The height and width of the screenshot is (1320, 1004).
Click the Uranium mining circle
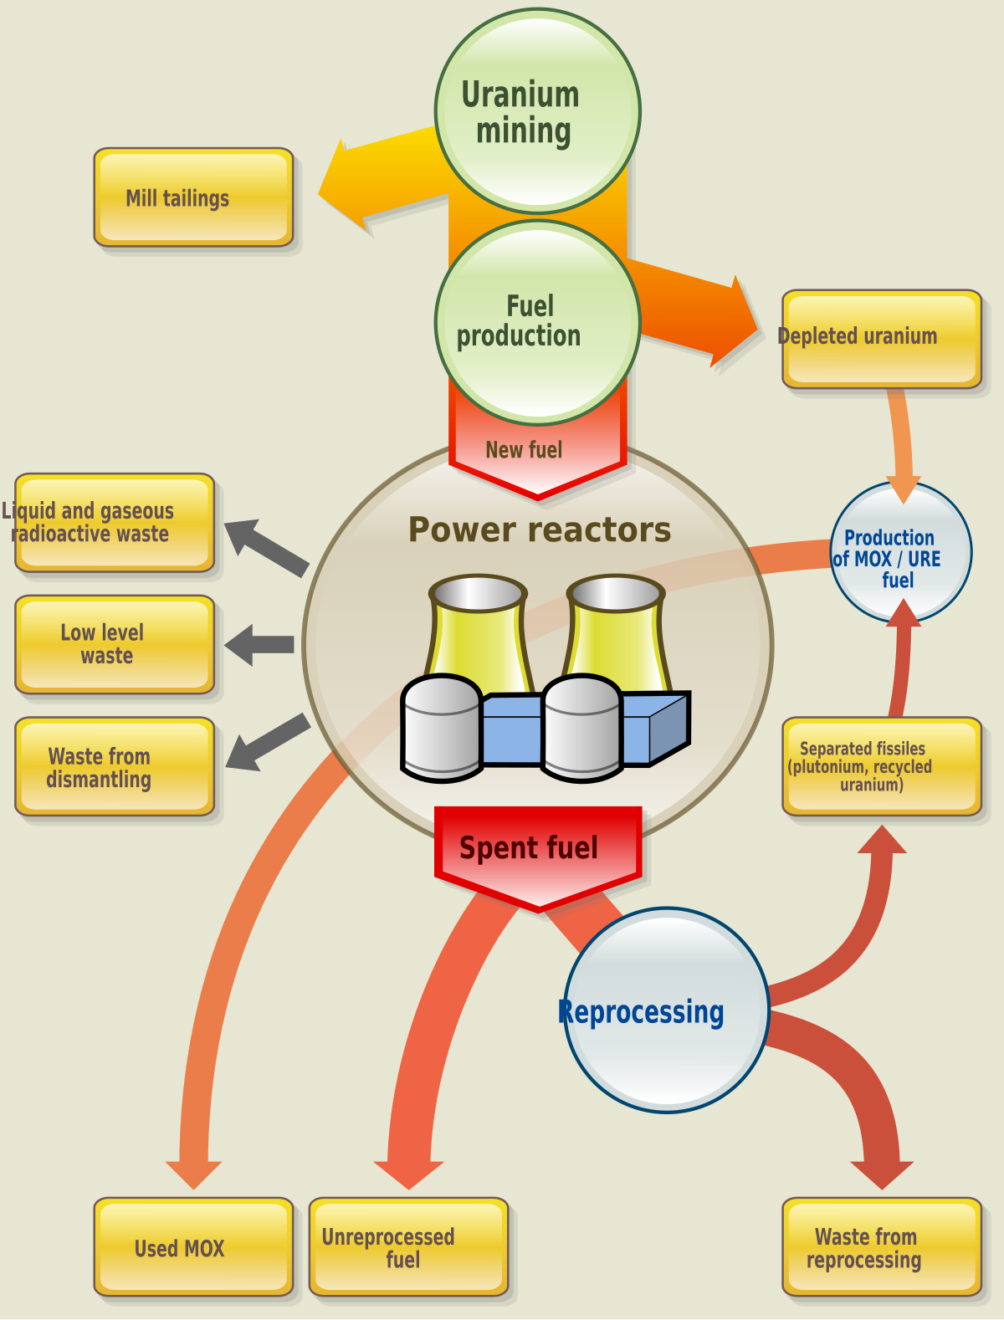pos(537,111)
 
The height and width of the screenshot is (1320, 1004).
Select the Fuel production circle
pos(537,322)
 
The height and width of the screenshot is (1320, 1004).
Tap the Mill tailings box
pos(193,198)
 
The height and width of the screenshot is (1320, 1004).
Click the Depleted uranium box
pos(881,339)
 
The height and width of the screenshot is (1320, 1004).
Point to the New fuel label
pos(524,450)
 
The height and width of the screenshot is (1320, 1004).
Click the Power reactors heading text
pos(539,530)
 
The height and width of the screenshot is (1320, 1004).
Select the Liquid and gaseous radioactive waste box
pos(115,523)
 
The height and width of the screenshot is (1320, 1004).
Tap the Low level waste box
pos(115,644)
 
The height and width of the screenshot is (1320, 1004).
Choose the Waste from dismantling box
pos(115,767)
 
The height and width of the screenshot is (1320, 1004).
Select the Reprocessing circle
pos(666,1010)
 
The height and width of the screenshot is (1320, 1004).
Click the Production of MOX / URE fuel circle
pos(900,552)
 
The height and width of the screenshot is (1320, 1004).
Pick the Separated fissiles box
pos(881,766)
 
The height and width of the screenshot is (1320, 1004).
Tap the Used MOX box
pos(193,1247)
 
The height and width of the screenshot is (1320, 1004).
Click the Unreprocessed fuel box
pos(408,1247)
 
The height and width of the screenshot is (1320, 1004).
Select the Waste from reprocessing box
pos(881,1247)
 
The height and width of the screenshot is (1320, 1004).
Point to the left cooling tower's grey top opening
pos(478,594)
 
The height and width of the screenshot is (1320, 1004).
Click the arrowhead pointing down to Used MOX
pos(193,1173)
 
